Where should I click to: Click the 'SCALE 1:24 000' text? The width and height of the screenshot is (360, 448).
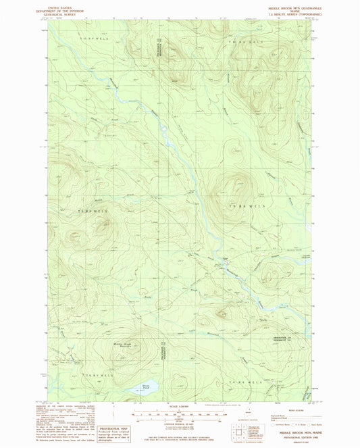179,405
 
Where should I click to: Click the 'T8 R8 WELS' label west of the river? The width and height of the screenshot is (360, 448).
96,211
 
